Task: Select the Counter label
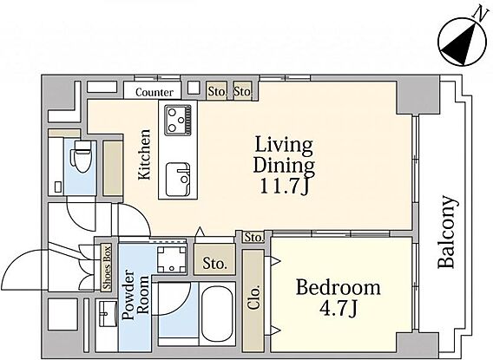154,92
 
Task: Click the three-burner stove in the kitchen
178,120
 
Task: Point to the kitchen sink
178,179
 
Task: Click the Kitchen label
145,154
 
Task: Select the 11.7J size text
283,187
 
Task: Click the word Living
284,146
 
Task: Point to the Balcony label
446,232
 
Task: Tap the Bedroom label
338,288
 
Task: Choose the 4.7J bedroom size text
338,309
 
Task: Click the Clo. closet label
253,298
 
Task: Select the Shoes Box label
108,268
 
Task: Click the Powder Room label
135,294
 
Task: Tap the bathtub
217,313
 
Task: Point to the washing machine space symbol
172,259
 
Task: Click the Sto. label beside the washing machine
214,263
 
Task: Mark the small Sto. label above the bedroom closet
253,237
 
